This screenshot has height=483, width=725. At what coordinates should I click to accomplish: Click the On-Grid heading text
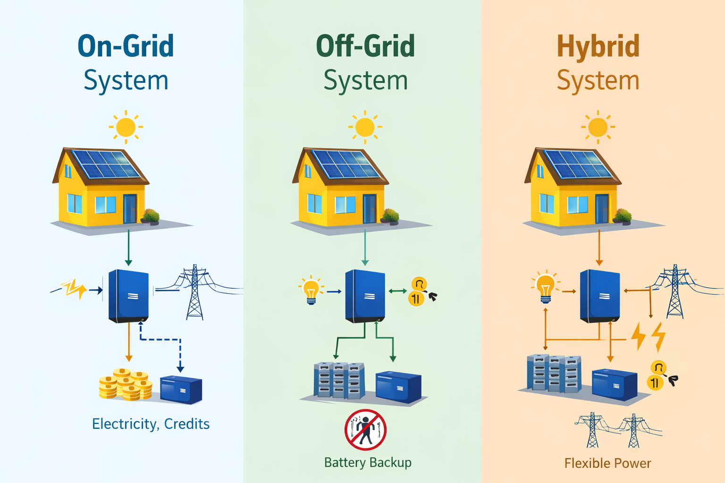tap(126, 46)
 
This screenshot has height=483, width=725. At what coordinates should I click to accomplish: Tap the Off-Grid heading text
tap(365, 46)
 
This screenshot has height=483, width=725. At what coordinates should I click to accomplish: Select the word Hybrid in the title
tap(598, 46)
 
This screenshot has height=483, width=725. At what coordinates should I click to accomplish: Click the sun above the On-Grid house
tap(126, 127)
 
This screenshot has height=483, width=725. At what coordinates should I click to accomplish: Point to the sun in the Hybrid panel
tap(598, 127)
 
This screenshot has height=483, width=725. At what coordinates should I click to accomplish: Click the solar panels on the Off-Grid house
tap(346, 164)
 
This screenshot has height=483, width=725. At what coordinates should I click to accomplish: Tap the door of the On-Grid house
tap(129, 209)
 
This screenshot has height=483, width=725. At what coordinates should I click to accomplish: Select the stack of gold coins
tap(125, 384)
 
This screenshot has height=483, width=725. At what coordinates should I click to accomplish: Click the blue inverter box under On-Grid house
tap(129, 296)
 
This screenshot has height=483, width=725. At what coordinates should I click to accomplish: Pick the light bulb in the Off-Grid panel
tap(311, 290)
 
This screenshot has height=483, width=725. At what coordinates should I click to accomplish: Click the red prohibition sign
tap(365, 430)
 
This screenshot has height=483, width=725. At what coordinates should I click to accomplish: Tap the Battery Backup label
tap(368, 463)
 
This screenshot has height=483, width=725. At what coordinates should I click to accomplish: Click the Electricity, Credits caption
tap(151, 424)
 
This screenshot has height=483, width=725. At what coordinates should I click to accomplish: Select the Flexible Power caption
tap(607, 463)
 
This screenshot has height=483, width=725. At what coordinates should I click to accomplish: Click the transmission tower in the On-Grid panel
tap(194, 292)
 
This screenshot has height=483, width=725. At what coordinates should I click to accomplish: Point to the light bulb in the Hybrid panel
tap(546, 287)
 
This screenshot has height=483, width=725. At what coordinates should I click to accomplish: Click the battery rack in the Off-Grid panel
tap(339, 380)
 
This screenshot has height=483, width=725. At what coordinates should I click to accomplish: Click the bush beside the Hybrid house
tap(623, 216)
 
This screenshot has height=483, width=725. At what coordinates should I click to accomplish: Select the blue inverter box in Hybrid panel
tap(599, 296)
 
